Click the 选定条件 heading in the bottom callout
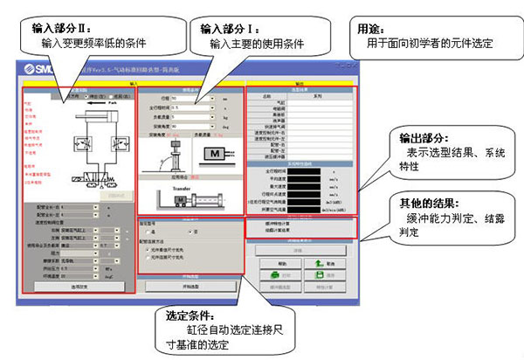(x=190, y=316)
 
